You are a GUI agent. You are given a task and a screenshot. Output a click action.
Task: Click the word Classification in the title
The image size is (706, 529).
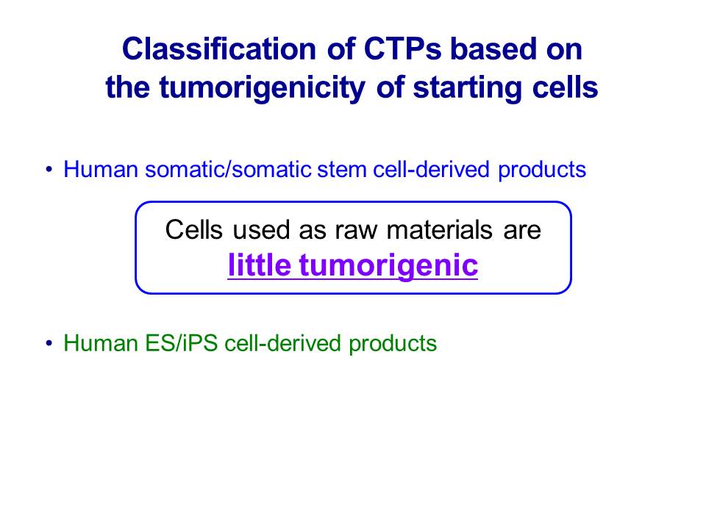click(x=219, y=48)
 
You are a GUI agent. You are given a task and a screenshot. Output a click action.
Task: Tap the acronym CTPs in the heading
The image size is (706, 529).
click(x=402, y=48)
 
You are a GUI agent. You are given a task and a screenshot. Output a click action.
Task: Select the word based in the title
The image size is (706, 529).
click(x=493, y=48)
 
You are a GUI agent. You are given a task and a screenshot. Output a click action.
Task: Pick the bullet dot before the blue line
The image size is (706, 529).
click(x=49, y=170)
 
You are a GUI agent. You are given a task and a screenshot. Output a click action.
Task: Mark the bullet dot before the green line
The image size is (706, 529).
click(x=49, y=343)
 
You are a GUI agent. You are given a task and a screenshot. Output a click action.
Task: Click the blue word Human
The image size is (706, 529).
click(x=101, y=170)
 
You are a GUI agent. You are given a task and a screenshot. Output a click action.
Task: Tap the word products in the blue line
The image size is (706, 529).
click(x=542, y=170)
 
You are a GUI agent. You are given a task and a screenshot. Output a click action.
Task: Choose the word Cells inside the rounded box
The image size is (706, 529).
click(x=193, y=229)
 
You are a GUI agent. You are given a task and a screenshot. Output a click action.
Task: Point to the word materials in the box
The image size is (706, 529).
click(x=440, y=229)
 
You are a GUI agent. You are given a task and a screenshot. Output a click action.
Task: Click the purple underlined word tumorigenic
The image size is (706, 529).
click(x=388, y=266)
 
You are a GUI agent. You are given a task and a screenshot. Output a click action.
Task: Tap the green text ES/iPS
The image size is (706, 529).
click(x=181, y=343)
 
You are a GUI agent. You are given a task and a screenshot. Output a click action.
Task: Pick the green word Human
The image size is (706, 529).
click(x=101, y=343)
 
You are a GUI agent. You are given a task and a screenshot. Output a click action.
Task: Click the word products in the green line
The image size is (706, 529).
click(x=393, y=344)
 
